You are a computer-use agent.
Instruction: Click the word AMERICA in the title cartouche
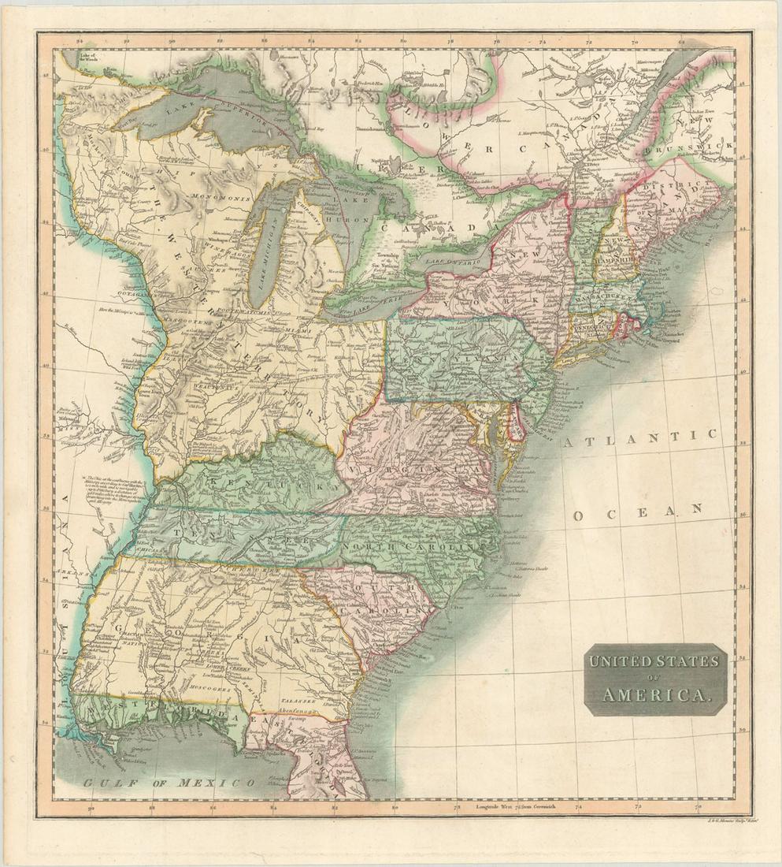pyautogui.click(x=653, y=695)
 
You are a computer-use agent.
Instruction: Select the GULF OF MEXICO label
pyautogui.click(x=170, y=783)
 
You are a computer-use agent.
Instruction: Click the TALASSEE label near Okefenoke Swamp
pyautogui.click(x=298, y=698)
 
